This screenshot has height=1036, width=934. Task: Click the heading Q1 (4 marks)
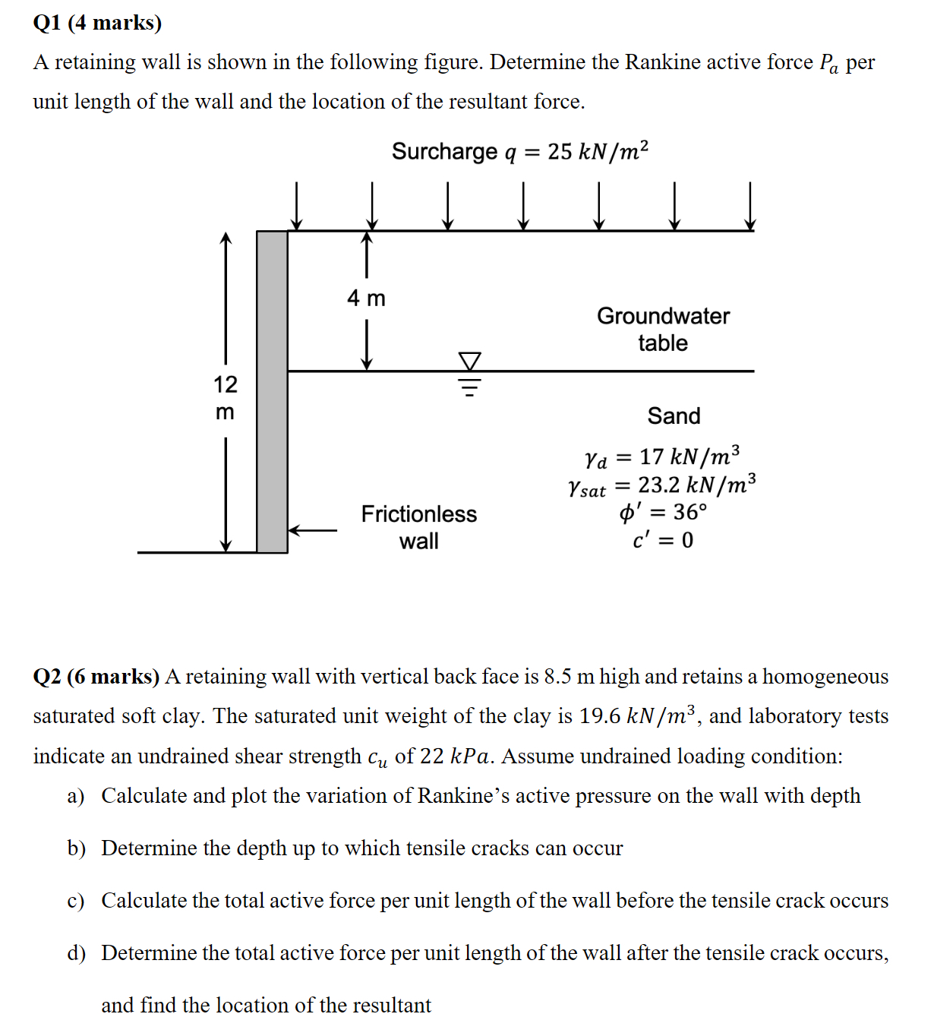(97, 23)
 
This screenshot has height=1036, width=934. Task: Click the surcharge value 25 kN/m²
(598, 152)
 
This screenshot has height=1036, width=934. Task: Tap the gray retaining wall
(272, 392)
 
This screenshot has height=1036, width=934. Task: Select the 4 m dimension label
(366, 298)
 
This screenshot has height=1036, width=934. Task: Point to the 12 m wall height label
(225, 397)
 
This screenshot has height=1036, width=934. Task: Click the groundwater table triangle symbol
(470, 361)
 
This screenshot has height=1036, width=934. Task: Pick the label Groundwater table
(662, 330)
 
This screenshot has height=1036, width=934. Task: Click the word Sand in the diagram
(674, 416)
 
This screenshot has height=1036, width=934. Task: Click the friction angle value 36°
(689, 513)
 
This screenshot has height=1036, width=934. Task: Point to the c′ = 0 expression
(662, 540)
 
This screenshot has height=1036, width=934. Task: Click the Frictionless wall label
(418, 527)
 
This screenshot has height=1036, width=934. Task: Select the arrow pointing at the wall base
(313, 530)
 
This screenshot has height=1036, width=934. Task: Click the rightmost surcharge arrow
(749, 206)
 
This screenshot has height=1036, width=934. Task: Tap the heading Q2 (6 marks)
(96, 677)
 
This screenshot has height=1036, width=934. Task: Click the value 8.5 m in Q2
(570, 677)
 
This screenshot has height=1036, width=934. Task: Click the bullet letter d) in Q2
(76, 953)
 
